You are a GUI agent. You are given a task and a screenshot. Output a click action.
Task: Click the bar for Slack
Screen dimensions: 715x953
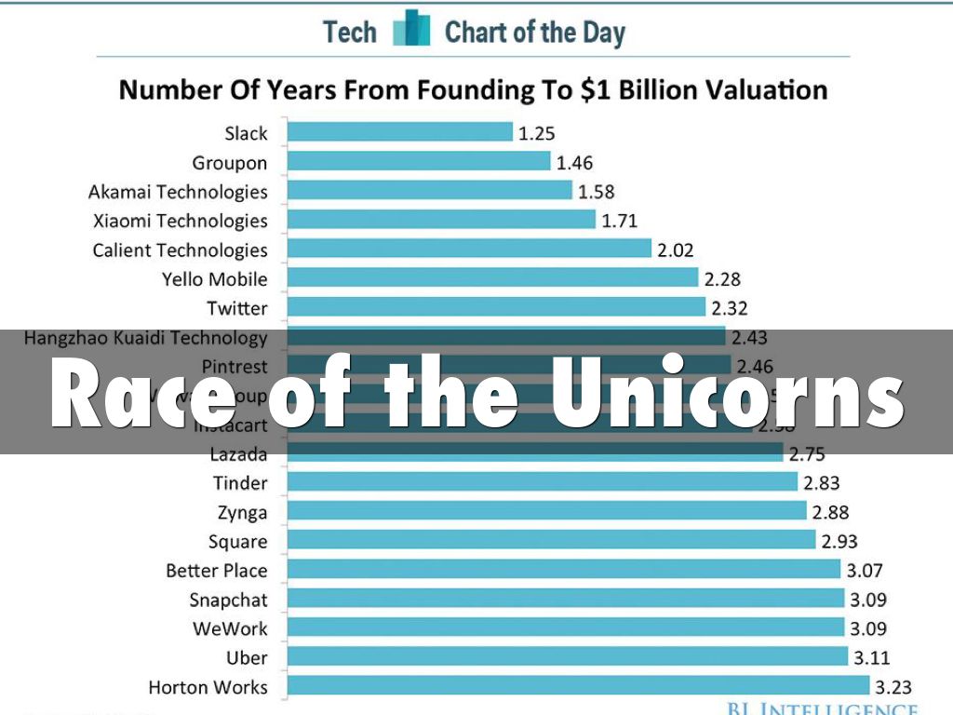(400, 132)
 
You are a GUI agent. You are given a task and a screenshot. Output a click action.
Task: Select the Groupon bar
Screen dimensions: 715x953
(419, 162)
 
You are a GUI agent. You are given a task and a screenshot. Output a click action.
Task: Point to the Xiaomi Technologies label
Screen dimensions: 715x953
(180, 221)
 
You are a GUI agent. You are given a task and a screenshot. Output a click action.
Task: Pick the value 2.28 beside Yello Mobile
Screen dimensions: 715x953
(723, 278)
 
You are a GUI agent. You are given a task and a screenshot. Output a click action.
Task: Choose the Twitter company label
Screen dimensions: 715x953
(237, 308)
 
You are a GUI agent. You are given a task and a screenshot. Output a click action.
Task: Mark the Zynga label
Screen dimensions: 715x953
(243, 512)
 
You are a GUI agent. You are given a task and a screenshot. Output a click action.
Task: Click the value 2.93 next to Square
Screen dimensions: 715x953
(839, 541)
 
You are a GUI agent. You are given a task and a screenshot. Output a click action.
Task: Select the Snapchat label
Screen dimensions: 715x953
(228, 600)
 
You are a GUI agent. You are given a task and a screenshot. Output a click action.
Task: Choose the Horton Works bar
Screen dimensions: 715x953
(577, 687)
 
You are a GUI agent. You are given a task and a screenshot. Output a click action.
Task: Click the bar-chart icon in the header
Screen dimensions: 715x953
(411, 30)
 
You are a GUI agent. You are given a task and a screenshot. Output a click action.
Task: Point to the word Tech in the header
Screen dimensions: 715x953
(350, 33)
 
